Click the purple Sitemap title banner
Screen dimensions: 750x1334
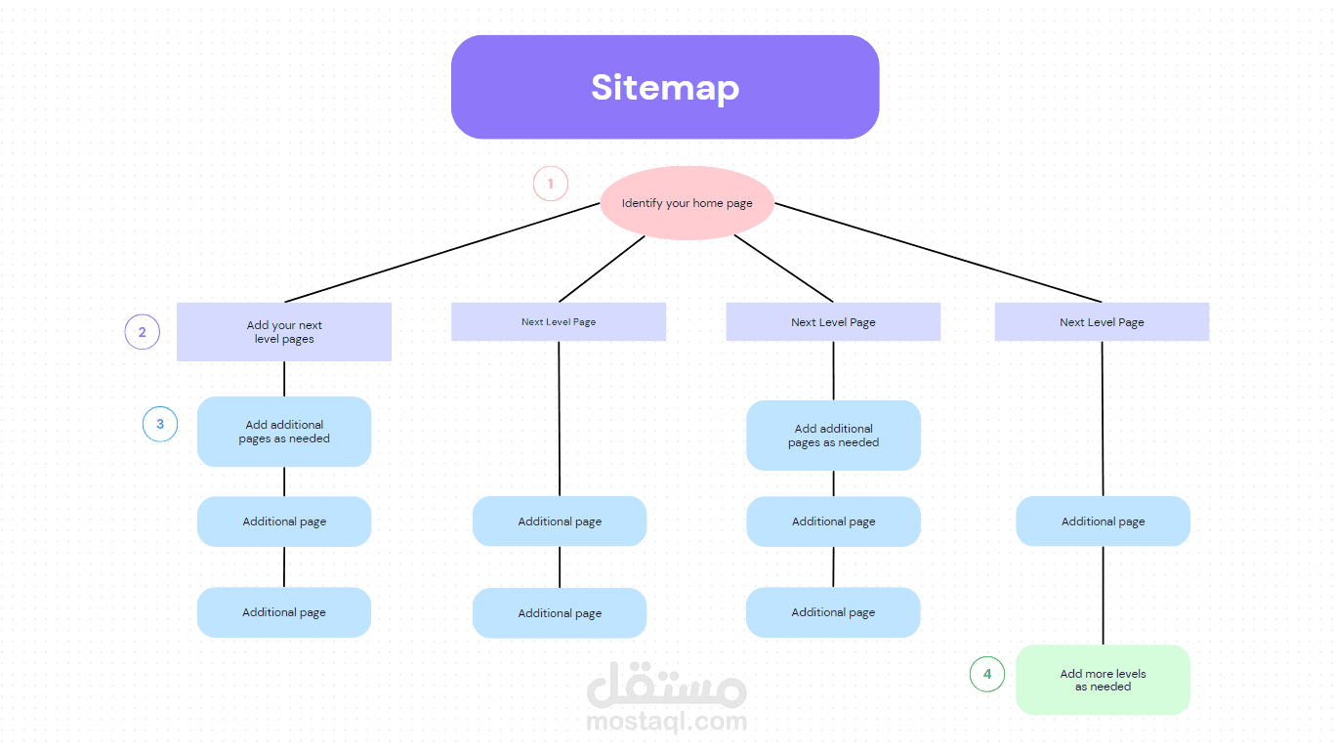pos(664,87)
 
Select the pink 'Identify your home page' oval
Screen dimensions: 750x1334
pos(687,203)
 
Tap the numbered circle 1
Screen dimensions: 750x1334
pos(550,184)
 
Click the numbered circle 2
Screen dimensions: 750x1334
pos(142,332)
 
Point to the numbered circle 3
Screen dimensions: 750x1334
pos(160,424)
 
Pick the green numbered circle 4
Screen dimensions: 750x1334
pos(986,674)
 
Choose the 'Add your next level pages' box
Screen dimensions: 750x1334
pos(284,332)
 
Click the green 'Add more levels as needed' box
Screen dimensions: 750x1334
pos(1103,680)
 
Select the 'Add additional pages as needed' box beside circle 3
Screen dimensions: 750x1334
pos(284,432)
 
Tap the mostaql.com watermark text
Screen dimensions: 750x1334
pos(667,723)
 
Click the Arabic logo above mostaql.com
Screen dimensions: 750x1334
pos(667,686)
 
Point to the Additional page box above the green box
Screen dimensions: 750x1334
pos(1103,521)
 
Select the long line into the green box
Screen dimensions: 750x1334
pos(1104,596)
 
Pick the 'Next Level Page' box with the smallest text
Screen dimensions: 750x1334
pos(559,322)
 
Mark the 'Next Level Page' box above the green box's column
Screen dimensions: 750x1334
pos(1102,322)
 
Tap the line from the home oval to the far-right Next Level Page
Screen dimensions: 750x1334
pos(938,253)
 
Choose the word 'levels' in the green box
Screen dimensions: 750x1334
pos(1130,674)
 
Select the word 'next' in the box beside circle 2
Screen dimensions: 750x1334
pos(311,326)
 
